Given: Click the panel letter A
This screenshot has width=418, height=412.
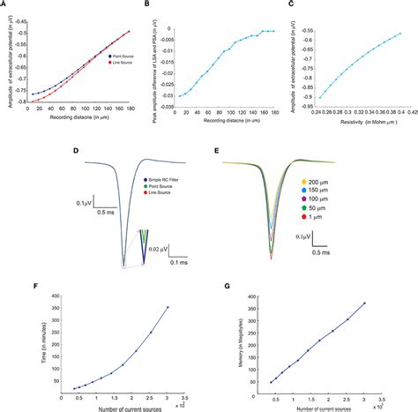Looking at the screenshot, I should (4, 3).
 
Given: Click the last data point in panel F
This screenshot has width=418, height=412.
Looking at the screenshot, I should (167, 307).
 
